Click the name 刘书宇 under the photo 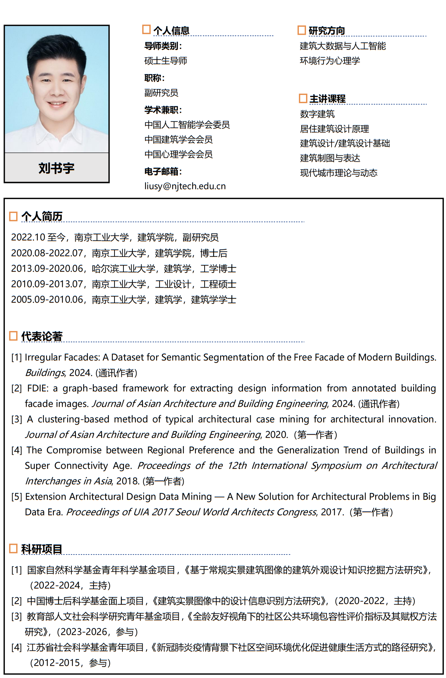[x=56, y=168]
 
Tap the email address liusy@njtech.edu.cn [x=185, y=186]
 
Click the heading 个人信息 [x=171, y=31]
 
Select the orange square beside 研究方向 [x=302, y=30]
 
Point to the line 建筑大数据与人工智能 [x=343, y=46]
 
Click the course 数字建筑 [x=317, y=114]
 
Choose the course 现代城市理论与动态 [x=339, y=173]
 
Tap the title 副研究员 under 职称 [x=161, y=93]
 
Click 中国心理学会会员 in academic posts [x=178, y=154]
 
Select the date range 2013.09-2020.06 [x=47, y=268]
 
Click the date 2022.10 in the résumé [x=28, y=237]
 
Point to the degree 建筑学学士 [x=214, y=300]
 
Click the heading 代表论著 [x=42, y=336]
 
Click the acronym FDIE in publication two [x=37, y=388]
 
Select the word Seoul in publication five [x=188, y=512]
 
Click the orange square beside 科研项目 [x=13, y=548]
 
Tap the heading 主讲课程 [x=327, y=99]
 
